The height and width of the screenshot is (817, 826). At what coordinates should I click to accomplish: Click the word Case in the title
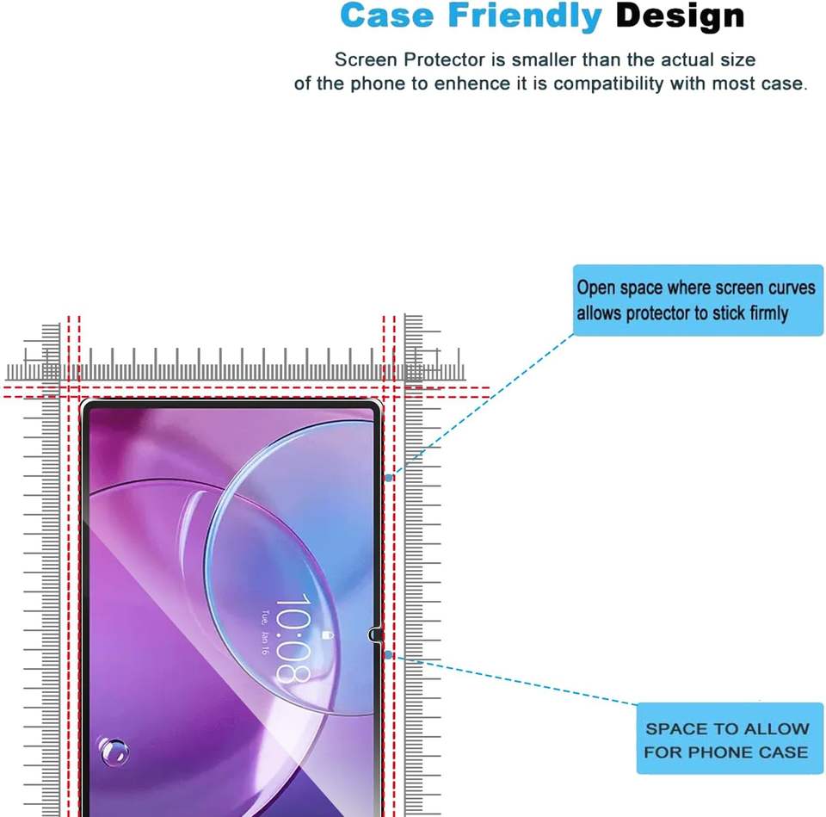(x=387, y=15)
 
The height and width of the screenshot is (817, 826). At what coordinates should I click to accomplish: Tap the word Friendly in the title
(x=525, y=17)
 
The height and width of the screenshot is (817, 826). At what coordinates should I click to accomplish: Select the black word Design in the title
(x=680, y=17)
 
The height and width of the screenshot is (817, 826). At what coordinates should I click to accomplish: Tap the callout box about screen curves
(x=698, y=300)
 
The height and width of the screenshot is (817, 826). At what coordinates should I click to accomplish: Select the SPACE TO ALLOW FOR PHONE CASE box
(x=730, y=739)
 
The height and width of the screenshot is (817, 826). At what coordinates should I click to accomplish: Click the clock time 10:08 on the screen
(x=293, y=639)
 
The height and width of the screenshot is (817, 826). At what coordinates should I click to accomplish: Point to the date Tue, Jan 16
(x=264, y=633)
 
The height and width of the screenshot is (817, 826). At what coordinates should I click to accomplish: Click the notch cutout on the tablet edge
(x=374, y=634)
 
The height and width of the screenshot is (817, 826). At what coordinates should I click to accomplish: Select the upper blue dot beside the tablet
(x=389, y=478)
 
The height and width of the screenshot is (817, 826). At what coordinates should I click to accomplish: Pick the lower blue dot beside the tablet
(x=388, y=654)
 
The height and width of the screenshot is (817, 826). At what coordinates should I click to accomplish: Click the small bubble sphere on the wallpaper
(x=114, y=751)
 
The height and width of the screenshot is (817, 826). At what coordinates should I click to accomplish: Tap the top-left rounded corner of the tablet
(x=85, y=405)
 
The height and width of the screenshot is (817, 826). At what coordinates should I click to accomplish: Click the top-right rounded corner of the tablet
(x=376, y=405)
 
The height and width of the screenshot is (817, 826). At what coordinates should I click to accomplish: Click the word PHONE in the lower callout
(x=720, y=752)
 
